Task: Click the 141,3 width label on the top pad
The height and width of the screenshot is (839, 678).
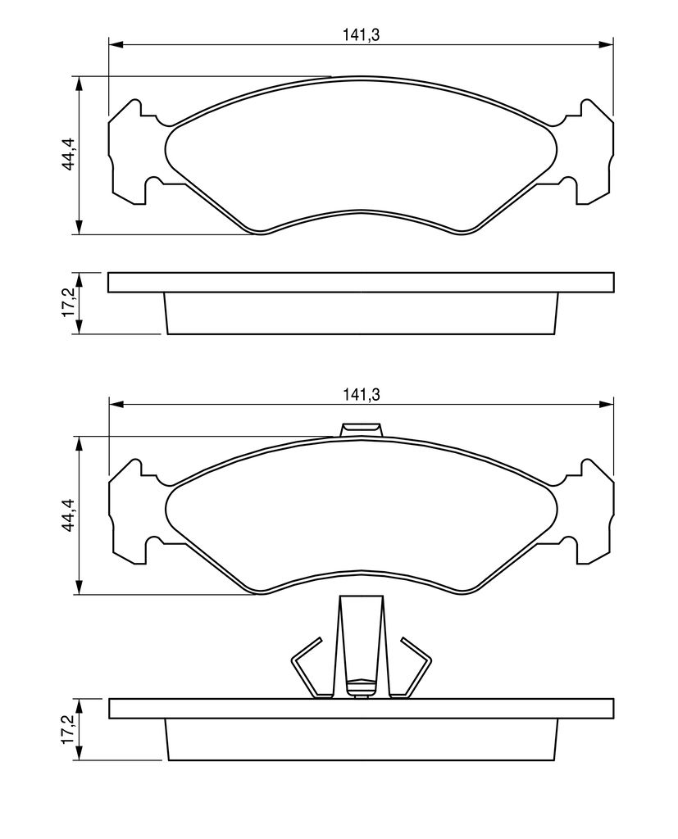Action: (361, 35)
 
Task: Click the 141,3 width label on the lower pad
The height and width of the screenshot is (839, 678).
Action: (361, 395)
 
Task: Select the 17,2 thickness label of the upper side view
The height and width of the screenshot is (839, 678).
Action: (70, 304)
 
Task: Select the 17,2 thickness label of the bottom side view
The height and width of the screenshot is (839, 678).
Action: (70, 728)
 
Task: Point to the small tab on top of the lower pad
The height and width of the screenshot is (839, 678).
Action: (362, 429)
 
